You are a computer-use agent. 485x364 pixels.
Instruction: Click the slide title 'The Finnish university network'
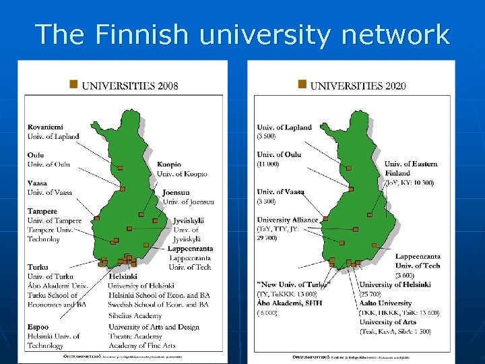pos(243,34)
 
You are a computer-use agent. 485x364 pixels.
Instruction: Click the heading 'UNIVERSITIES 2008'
pos(130,86)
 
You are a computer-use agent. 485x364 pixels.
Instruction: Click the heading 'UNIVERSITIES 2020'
pos(358,86)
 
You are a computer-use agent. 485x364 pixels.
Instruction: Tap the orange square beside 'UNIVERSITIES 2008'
pos(73,85)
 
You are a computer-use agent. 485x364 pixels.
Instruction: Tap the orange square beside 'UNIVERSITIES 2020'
pos(302,85)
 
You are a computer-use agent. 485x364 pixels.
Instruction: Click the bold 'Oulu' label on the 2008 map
pos(36,155)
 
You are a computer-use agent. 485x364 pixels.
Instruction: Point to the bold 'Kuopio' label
pos(169,164)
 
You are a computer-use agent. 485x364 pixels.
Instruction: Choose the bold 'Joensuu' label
pos(176,192)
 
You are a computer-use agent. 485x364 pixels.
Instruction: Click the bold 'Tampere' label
pos(42,211)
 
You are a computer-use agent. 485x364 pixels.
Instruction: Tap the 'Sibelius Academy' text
pos(135,315)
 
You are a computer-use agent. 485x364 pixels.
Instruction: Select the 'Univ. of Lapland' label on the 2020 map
pos(284,127)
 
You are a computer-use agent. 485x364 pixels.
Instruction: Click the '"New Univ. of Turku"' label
pos(294,284)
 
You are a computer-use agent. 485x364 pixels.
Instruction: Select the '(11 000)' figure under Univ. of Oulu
pos(268,164)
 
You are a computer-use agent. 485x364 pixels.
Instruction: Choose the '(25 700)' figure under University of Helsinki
pos(371,294)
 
